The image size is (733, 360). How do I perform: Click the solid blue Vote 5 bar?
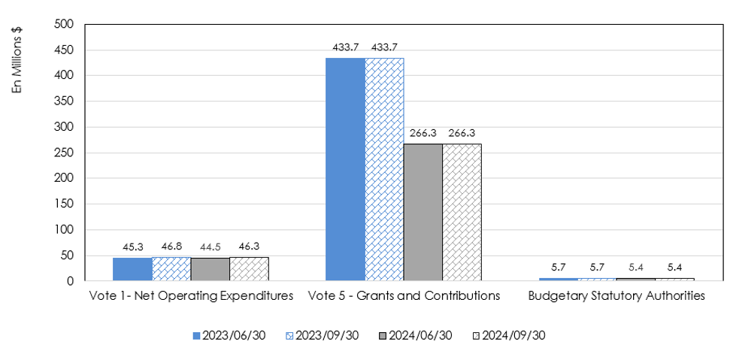[345, 169]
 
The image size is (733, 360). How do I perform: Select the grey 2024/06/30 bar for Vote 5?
[423, 213]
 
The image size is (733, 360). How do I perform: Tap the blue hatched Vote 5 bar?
[384, 169]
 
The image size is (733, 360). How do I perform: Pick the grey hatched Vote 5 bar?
[462, 213]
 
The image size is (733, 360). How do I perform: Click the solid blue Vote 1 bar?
[132, 269]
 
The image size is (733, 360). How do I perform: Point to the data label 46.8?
[171, 245]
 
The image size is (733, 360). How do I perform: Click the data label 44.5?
[211, 247]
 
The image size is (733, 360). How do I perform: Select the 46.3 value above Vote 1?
[249, 245]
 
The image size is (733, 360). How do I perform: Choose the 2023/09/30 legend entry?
[322, 335]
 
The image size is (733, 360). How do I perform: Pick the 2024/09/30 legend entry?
[512, 335]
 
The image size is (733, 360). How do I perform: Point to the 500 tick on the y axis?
[65, 24]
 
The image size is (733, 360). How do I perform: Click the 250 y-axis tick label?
[65, 153]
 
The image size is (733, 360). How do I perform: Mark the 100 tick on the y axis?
[65, 230]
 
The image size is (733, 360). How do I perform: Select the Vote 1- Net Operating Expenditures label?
[191, 295]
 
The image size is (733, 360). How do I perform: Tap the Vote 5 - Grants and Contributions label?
[404, 295]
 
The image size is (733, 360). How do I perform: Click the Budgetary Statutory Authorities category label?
[616, 295]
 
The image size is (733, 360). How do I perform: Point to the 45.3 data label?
[132, 247]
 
